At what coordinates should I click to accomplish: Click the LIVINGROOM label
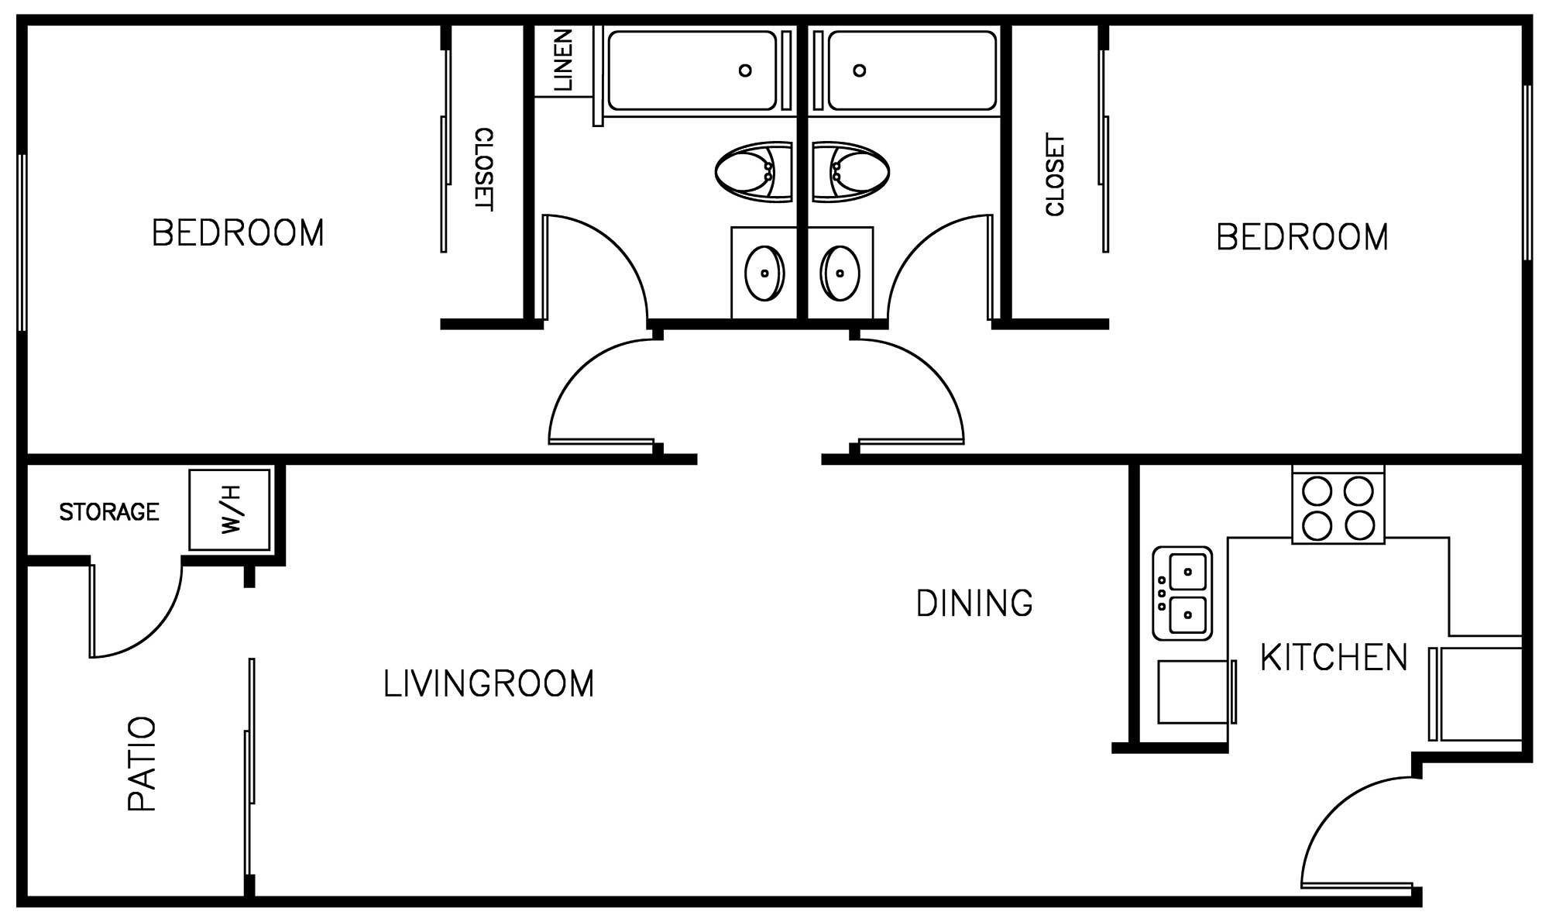pyautogui.click(x=489, y=683)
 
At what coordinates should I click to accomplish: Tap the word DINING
pyautogui.click(x=974, y=603)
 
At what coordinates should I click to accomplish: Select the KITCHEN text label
pyautogui.click(x=1334, y=657)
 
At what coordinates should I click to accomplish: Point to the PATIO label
pyautogui.click(x=143, y=764)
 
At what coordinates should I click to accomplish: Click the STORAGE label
pyautogui.click(x=109, y=511)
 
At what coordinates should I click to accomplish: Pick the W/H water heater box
pyautogui.click(x=230, y=510)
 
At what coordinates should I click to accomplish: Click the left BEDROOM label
pyautogui.click(x=238, y=233)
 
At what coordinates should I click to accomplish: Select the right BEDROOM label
pyautogui.click(x=1302, y=237)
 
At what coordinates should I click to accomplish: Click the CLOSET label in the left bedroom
pyautogui.click(x=483, y=169)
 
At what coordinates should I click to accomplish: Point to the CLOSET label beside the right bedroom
pyautogui.click(x=1056, y=175)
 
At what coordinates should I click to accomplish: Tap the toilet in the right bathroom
pyautogui.click(x=850, y=172)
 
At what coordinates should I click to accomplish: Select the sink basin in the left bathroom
pyautogui.click(x=764, y=273)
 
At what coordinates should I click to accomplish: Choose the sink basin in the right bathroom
pyautogui.click(x=840, y=273)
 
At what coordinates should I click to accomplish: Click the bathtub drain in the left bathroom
pyautogui.click(x=745, y=71)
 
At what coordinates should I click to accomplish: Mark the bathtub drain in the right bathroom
pyautogui.click(x=859, y=71)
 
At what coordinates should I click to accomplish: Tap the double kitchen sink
pyautogui.click(x=1182, y=593)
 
